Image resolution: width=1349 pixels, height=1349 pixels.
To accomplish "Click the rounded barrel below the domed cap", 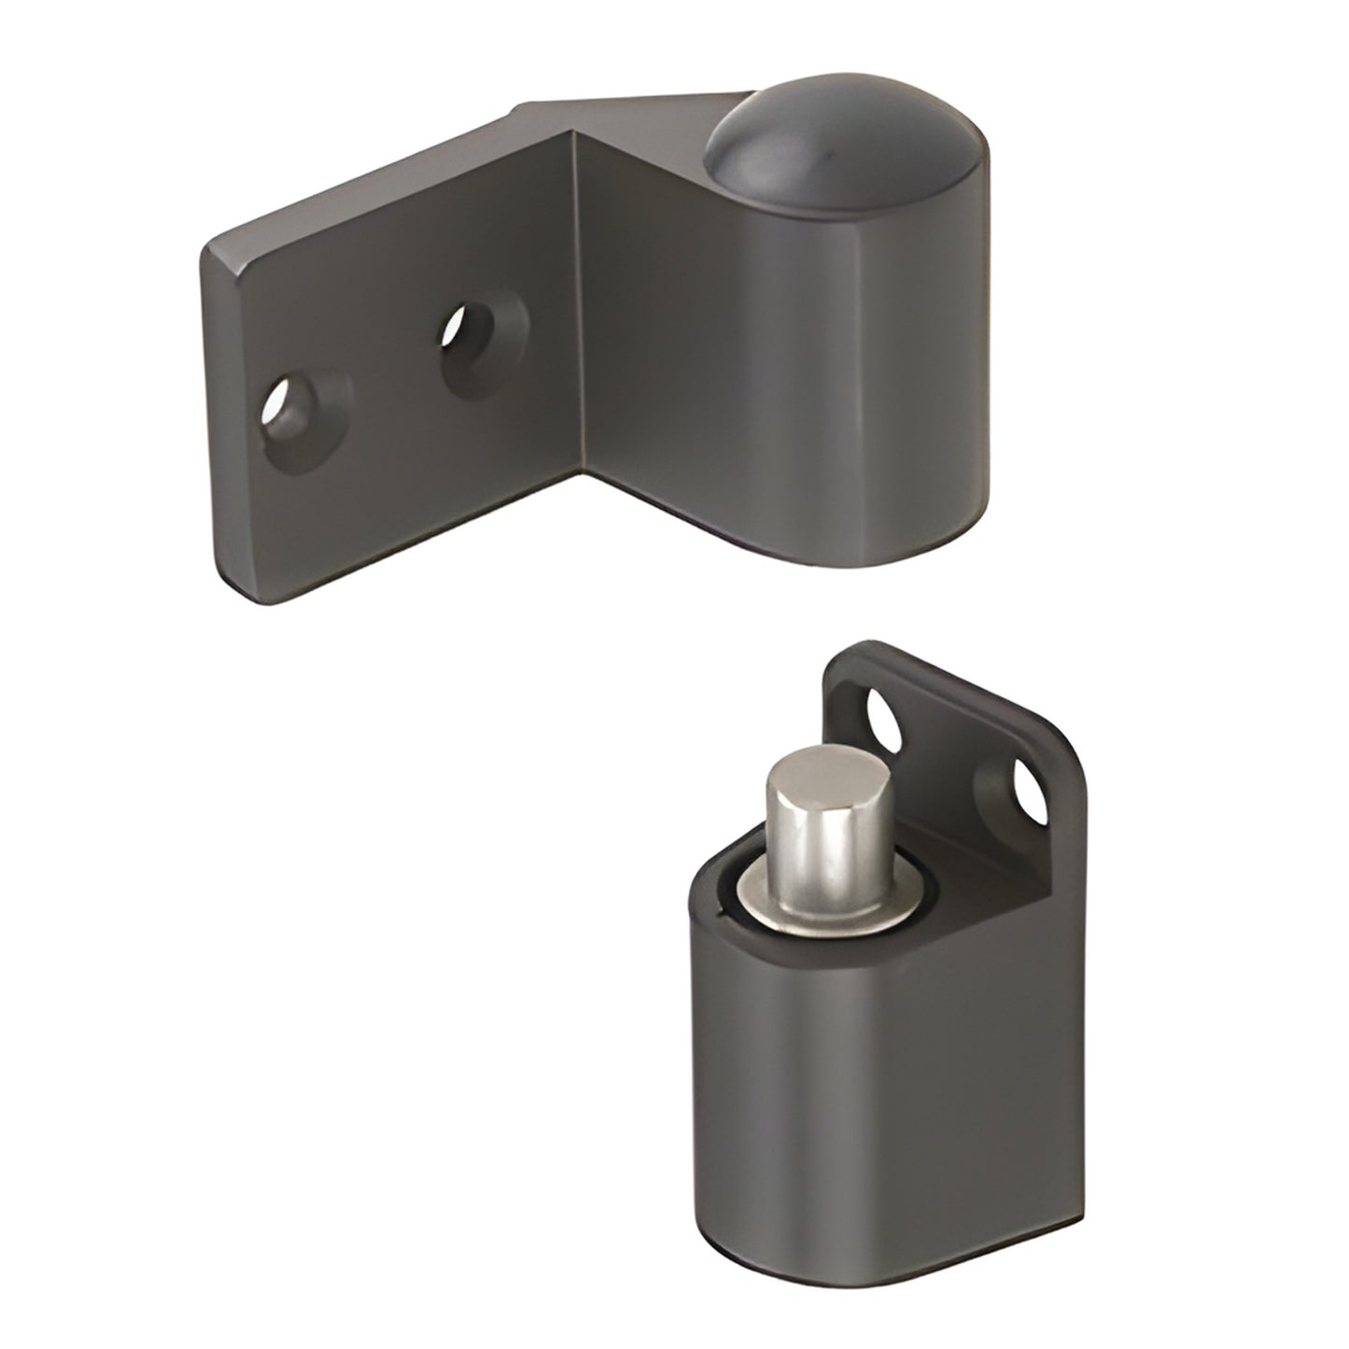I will (868, 373).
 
